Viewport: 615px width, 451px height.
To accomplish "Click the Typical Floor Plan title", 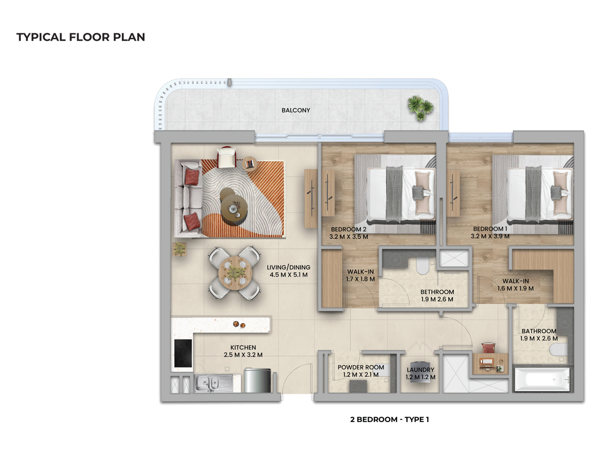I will pos(81,37).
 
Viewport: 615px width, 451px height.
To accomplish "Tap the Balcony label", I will pos(296,110).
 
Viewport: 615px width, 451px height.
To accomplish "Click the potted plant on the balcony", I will pos(419,107).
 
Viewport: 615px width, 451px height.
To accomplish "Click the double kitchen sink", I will pos(208,383).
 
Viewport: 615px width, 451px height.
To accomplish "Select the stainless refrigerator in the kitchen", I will pos(257,380).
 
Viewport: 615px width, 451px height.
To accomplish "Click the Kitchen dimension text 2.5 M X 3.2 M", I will pos(243,355).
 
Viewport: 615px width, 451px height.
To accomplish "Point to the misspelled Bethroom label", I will pos(437,292).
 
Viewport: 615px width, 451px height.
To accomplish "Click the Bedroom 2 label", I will pos(349,229).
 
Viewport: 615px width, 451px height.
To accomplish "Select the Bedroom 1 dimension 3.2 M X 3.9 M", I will pos(490,236).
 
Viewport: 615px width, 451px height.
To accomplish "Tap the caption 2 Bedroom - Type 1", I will pos(389,420).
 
